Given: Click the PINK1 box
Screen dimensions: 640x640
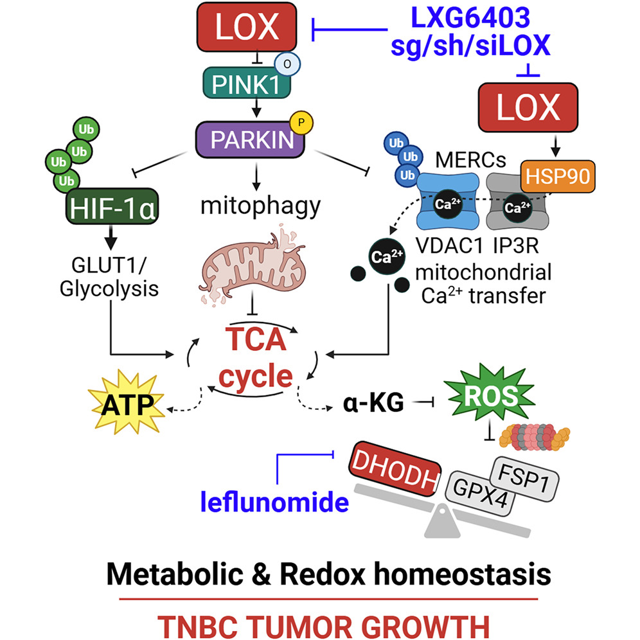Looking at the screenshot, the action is coord(247,82).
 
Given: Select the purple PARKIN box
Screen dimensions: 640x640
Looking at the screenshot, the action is coord(250,139).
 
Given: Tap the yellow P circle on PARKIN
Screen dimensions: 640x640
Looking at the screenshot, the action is coord(301,123).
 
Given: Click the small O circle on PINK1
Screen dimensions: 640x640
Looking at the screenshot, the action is coord(287,64).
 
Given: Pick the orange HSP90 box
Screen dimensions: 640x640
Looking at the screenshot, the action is coord(558,176).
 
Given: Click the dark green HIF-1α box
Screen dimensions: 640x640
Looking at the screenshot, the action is coord(112,206).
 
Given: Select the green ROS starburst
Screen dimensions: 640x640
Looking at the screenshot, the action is coord(490,395).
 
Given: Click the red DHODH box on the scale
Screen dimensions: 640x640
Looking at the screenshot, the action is coord(395,469).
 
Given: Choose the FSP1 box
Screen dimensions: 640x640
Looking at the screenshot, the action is coord(524,478).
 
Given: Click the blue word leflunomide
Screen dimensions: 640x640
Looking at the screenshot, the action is coord(274,502).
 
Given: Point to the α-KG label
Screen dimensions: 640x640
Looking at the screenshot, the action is coord(373,403).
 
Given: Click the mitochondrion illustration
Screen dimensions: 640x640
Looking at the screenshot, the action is coord(253,265).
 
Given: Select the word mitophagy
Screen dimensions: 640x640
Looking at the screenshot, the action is coord(260,206).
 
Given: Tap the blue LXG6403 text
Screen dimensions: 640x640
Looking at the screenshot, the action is coord(470,18).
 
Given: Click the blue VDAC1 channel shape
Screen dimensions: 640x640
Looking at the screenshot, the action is coord(448,201).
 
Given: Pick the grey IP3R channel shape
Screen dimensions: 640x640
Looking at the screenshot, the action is coord(517,202).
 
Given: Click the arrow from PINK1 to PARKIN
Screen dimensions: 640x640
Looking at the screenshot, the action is coord(256,108).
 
